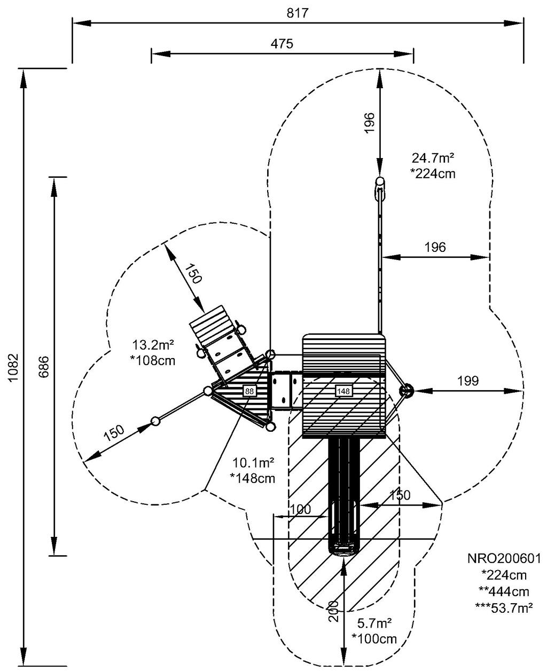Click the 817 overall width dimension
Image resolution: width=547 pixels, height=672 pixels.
(298, 13)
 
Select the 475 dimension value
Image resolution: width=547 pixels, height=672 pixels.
(282, 44)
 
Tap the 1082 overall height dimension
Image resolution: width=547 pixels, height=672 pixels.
(14, 368)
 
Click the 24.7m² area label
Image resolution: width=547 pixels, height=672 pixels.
(433, 158)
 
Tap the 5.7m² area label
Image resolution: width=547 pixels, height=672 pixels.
(374, 623)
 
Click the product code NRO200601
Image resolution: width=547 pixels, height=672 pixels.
(504, 559)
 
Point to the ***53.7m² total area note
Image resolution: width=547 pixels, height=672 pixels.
(504, 607)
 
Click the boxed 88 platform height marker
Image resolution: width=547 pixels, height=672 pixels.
(249, 391)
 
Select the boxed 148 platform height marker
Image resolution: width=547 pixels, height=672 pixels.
(343, 391)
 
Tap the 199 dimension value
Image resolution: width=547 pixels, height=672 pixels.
(468, 381)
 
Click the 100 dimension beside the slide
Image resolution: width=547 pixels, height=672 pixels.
(301, 509)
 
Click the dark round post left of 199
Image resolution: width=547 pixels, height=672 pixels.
(407, 391)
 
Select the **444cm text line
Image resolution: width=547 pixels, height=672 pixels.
(504, 591)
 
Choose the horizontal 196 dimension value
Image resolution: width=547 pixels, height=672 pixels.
(435, 247)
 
